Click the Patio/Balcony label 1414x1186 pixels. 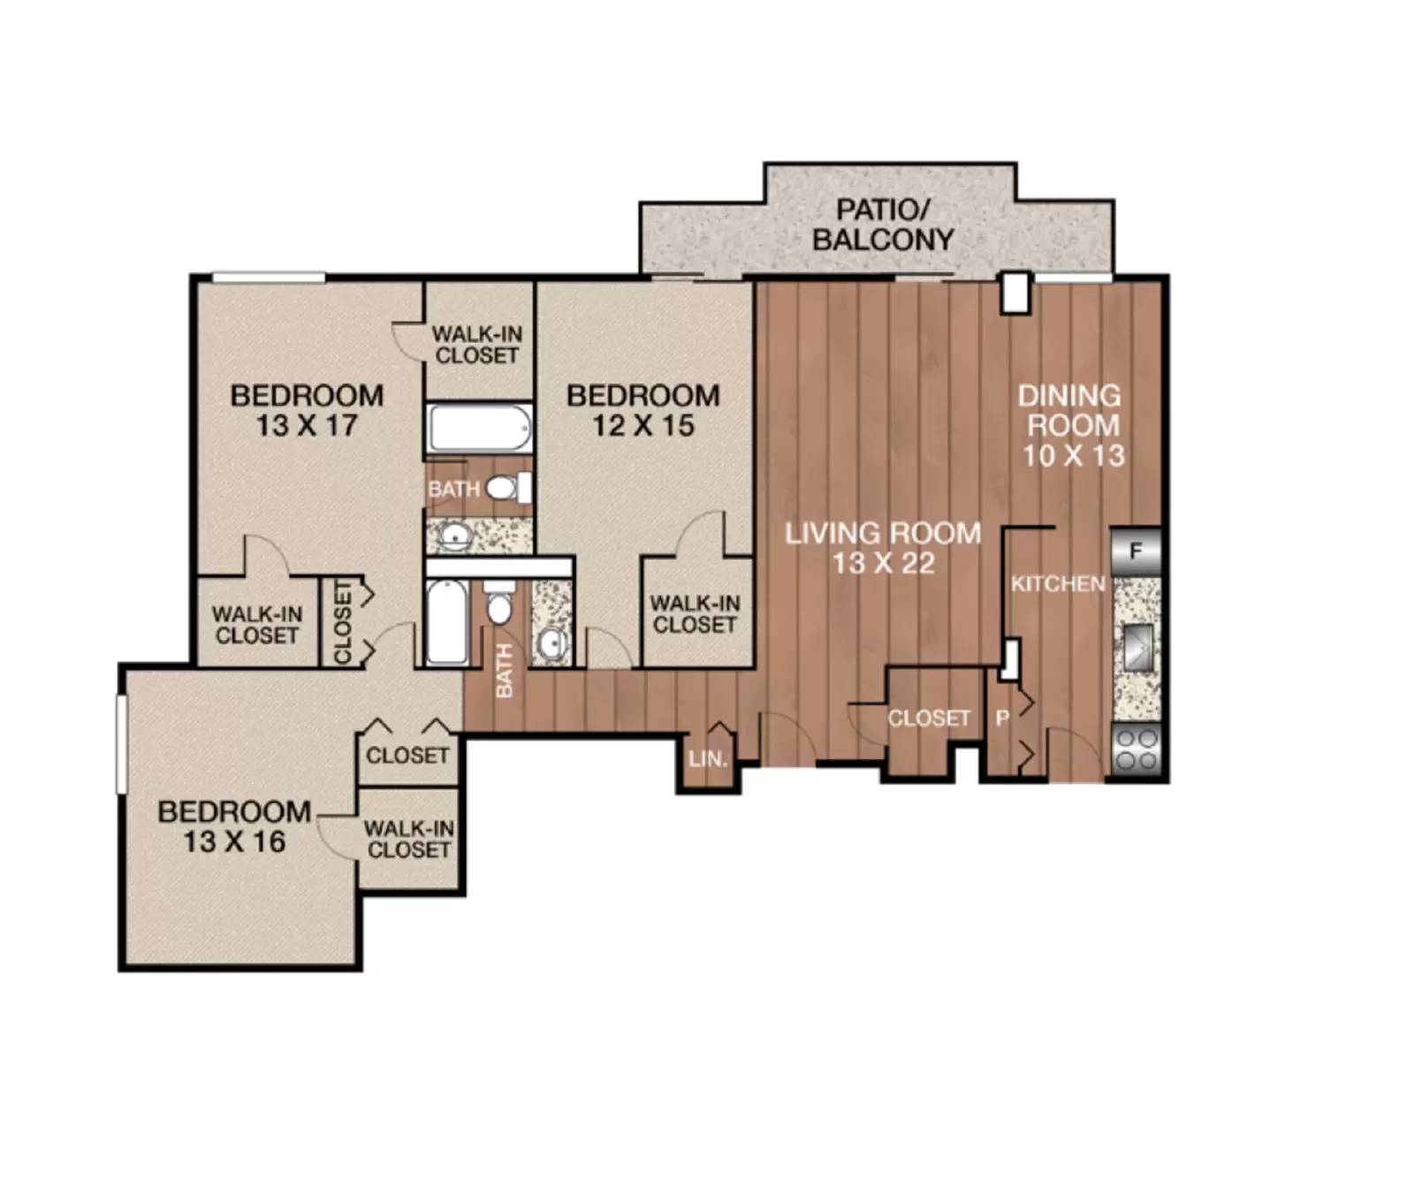coord(882,224)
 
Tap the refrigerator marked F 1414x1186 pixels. coord(1136,551)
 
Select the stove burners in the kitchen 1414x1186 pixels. coord(1137,749)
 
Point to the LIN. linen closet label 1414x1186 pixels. coord(708,758)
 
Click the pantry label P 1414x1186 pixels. coord(1002,718)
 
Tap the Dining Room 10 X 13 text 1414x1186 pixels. coord(1072,425)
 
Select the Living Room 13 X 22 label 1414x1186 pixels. coord(883,548)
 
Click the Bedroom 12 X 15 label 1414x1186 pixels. coord(642,410)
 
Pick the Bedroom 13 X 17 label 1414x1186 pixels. coord(307,410)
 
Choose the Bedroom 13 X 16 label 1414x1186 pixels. coord(234,826)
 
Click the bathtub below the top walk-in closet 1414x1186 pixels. coord(480,429)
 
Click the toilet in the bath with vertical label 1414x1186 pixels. coord(500,606)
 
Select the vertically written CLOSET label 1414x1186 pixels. coord(343,621)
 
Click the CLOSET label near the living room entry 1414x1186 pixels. coord(928,718)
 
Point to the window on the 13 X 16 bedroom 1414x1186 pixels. coord(122,742)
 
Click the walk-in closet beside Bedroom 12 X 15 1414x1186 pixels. coord(695,614)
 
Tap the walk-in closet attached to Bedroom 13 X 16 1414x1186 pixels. coord(409,840)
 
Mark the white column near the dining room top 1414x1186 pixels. coord(1015,293)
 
